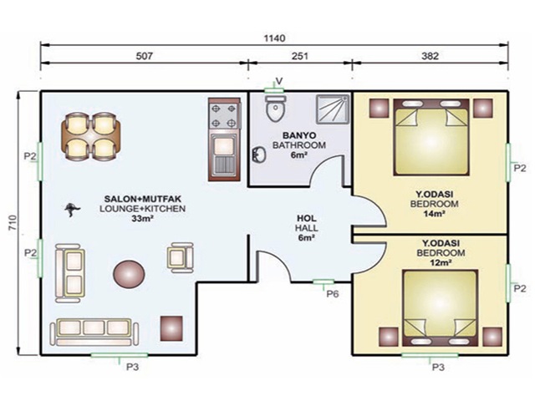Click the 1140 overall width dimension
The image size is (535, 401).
tap(274, 38)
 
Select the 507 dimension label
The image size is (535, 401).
tap(144, 56)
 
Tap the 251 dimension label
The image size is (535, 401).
tap(300, 56)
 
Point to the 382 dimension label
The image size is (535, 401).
tap(430, 56)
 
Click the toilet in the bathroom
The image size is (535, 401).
tap(276, 108)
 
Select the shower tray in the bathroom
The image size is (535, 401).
tap(333, 109)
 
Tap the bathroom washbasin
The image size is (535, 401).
tap(259, 155)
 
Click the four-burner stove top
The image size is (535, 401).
tap(224, 115)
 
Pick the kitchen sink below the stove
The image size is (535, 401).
tap(223, 155)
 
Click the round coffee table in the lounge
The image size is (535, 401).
tap(129, 274)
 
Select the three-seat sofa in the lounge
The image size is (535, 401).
tap(94, 332)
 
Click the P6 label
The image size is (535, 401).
tap(333, 293)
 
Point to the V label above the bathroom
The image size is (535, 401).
tap(278, 81)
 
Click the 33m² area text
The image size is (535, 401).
tap(142, 219)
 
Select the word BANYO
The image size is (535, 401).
tap(299, 135)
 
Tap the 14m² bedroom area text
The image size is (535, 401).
tap(434, 214)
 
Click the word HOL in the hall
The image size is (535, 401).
tap(307, 218)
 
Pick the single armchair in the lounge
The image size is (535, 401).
tap(181, 257)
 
